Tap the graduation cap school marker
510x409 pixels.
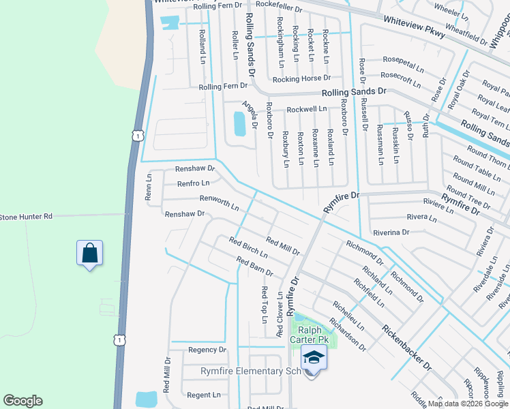click(314, 357)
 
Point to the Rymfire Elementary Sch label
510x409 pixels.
click(250, 371)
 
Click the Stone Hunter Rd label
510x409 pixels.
click(26, 217)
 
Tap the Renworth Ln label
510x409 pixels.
click(219, 202)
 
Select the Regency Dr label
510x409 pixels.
click(207, 350)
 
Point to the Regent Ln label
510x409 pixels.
click(203, 395)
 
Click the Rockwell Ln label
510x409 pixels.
click(307, 109)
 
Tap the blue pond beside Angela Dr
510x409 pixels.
click(239, 123)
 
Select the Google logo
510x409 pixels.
click(22, 401)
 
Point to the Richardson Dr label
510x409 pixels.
click(347, 333)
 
